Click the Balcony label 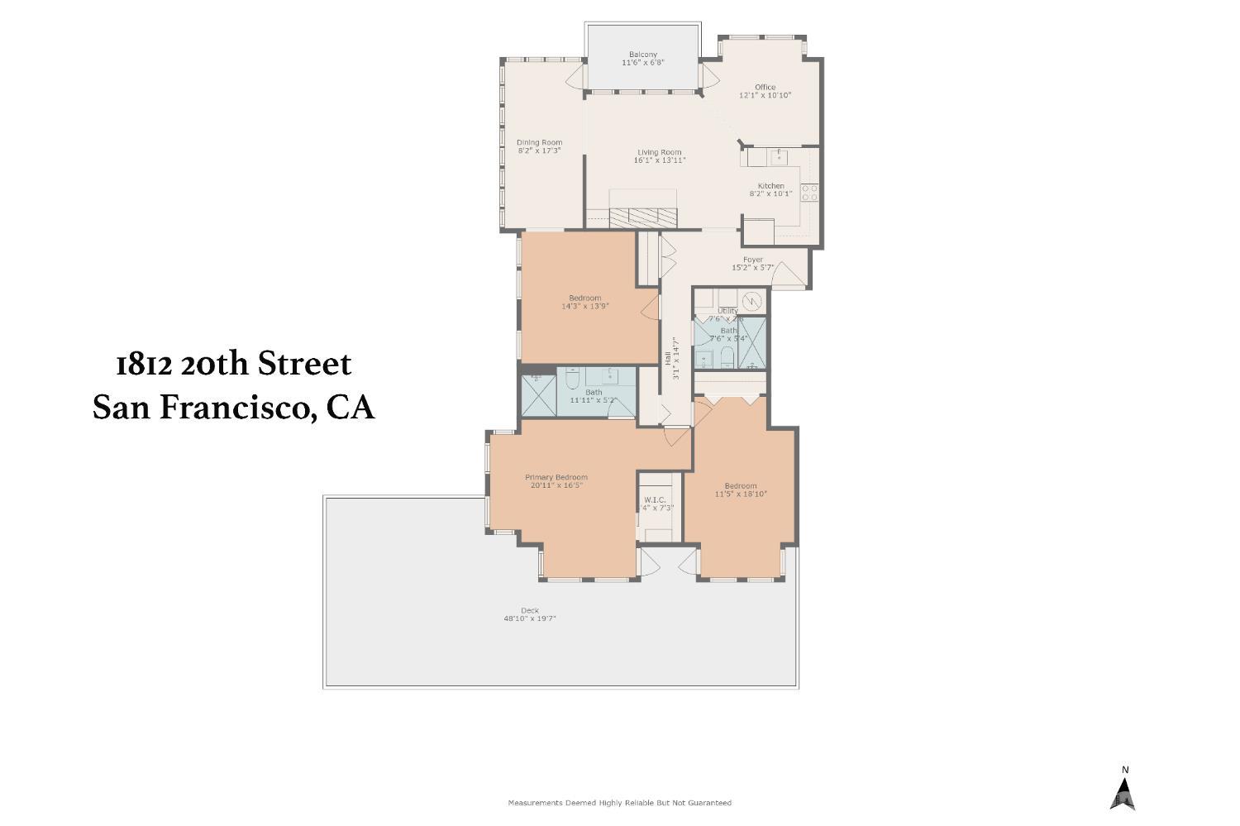tap(642, 55)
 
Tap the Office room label tap(765, 87)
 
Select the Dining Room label tap(539, 142)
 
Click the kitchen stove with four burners tap(809, 193)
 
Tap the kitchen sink tap(779, 155)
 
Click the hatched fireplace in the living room tap(643, 217)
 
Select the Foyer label tap(752, 260)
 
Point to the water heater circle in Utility tap(751, 298)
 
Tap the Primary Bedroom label tap(556, 477)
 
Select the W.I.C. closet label tap(655, 500)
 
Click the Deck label tap(530, 611)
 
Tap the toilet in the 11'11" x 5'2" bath tap(572, 382)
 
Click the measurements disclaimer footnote tap(619, 803)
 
